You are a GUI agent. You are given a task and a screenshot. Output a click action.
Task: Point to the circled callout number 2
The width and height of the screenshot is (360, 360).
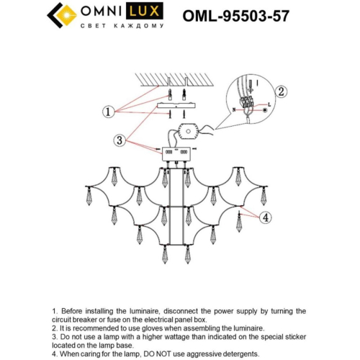(x=282, y=91)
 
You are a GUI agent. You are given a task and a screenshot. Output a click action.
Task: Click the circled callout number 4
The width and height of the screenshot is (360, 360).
(x=266, y=217)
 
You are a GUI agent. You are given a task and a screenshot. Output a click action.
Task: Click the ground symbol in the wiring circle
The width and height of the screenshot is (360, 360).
(x=264, y=110)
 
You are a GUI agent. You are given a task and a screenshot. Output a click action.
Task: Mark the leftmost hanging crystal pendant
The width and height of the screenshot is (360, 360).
(x=89, y=196)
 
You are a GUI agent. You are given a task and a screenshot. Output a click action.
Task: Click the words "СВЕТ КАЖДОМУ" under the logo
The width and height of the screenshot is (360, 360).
(x=125, y=26)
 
